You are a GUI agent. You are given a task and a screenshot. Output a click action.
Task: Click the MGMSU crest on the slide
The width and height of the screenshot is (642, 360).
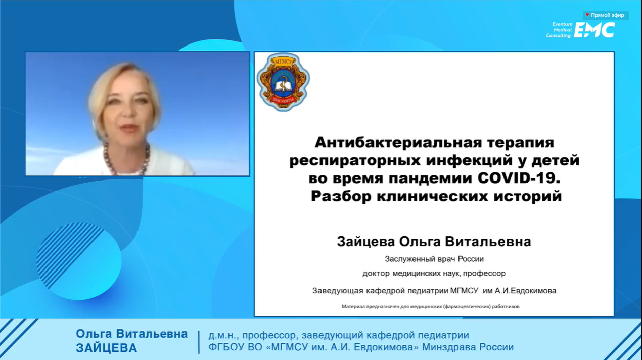[x=283, y=82]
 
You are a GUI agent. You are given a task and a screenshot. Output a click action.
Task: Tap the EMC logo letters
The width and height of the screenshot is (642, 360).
[x=594, y=30]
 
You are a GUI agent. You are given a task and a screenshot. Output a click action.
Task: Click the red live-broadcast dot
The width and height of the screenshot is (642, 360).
[x=587, y=14]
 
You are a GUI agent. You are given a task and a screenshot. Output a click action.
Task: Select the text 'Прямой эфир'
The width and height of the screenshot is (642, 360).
[x=607, y=15]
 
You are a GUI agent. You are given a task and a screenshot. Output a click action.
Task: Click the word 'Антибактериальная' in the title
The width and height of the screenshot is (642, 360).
[x=398, y=142]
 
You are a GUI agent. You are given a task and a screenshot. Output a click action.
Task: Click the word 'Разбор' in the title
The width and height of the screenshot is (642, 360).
[x=341, y=197]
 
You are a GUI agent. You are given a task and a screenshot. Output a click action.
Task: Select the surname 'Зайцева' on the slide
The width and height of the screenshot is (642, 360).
[x=365, y=241]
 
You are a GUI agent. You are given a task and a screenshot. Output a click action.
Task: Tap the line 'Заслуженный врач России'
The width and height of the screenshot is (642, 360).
[x=434, y=259]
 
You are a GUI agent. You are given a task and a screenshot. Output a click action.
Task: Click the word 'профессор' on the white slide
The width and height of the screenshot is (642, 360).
[x=484, y=274]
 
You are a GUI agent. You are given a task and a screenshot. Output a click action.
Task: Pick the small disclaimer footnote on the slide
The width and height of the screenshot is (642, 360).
[x=430, y=307]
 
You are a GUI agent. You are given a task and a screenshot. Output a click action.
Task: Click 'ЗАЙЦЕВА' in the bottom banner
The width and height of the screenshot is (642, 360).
[x=106, y=348]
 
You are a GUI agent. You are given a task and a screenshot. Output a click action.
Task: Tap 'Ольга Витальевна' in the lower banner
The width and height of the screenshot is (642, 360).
[x=131, y=334]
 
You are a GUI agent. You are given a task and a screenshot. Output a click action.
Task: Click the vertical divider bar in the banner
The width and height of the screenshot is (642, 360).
[x=199, y=342]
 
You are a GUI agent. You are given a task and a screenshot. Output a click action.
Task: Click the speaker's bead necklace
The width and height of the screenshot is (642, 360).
[x=126, y=160]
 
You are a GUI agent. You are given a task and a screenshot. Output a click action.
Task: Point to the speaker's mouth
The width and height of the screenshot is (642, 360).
[x=129, y=128]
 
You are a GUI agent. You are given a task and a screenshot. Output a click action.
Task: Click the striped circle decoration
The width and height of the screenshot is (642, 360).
[x=79, y=261]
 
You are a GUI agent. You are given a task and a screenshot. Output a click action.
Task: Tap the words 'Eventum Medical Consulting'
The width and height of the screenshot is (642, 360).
[x=559, y=30]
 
